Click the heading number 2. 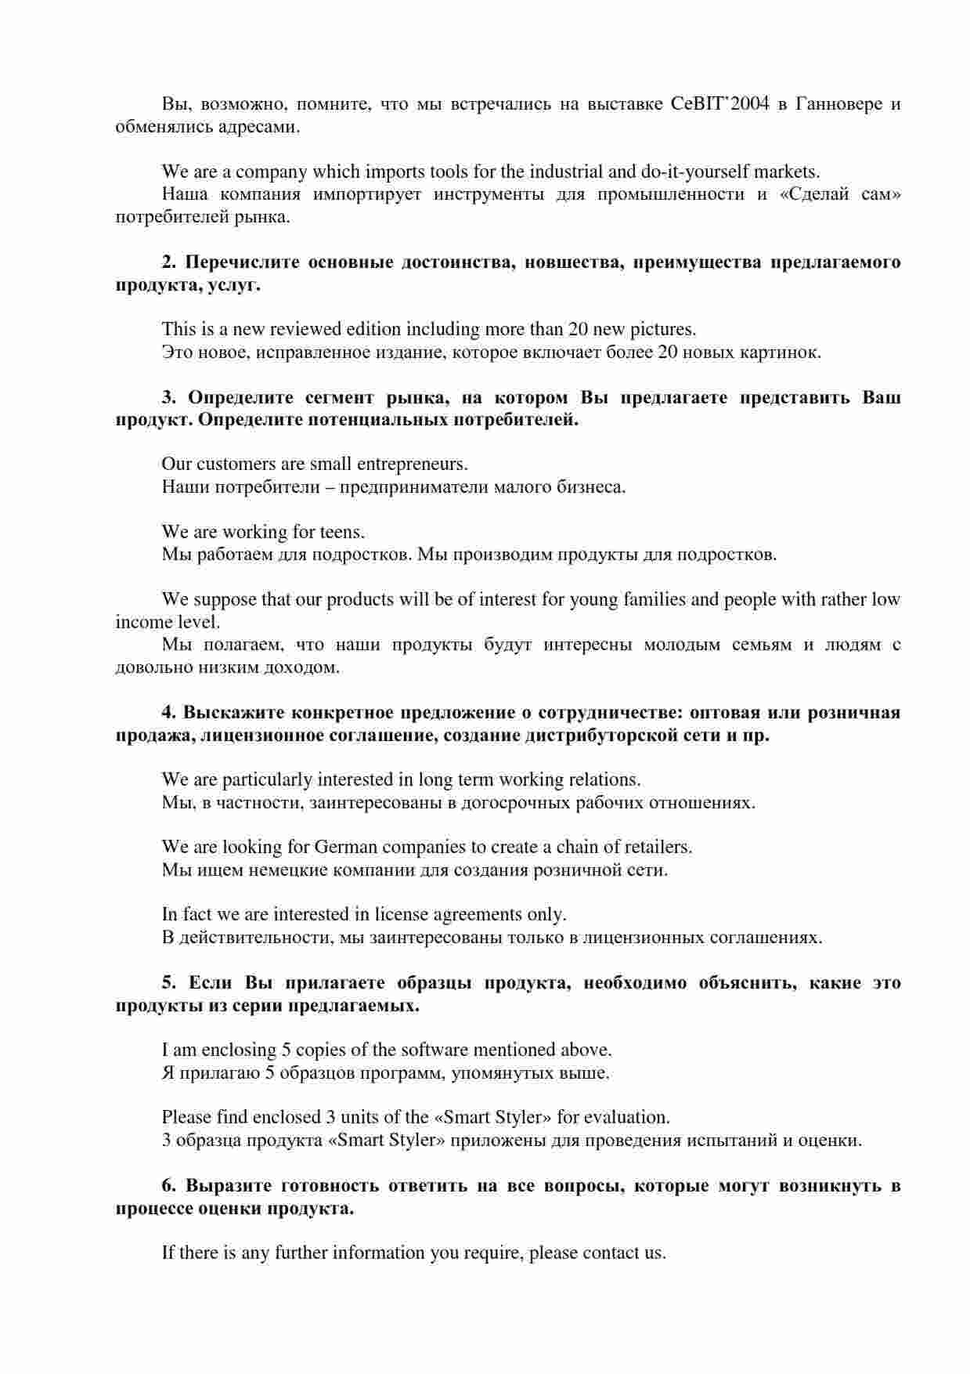click(x=168, y=262)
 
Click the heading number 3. click(x=168, y=398)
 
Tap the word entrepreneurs click(x=411, y=465)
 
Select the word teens click(x=342, y=533)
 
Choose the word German click(x=347, y=848)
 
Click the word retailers click(x=656, y=848)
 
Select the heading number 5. click(x=168, y=983)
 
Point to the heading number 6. click(x=168, y=1186)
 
